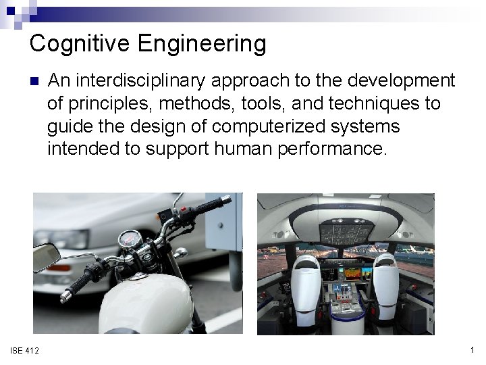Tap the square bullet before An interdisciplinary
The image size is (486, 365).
[34, 82]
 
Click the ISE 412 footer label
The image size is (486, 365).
[25, 349]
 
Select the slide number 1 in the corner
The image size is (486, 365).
[470, 349]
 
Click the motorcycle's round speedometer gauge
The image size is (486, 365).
[128, 240]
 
